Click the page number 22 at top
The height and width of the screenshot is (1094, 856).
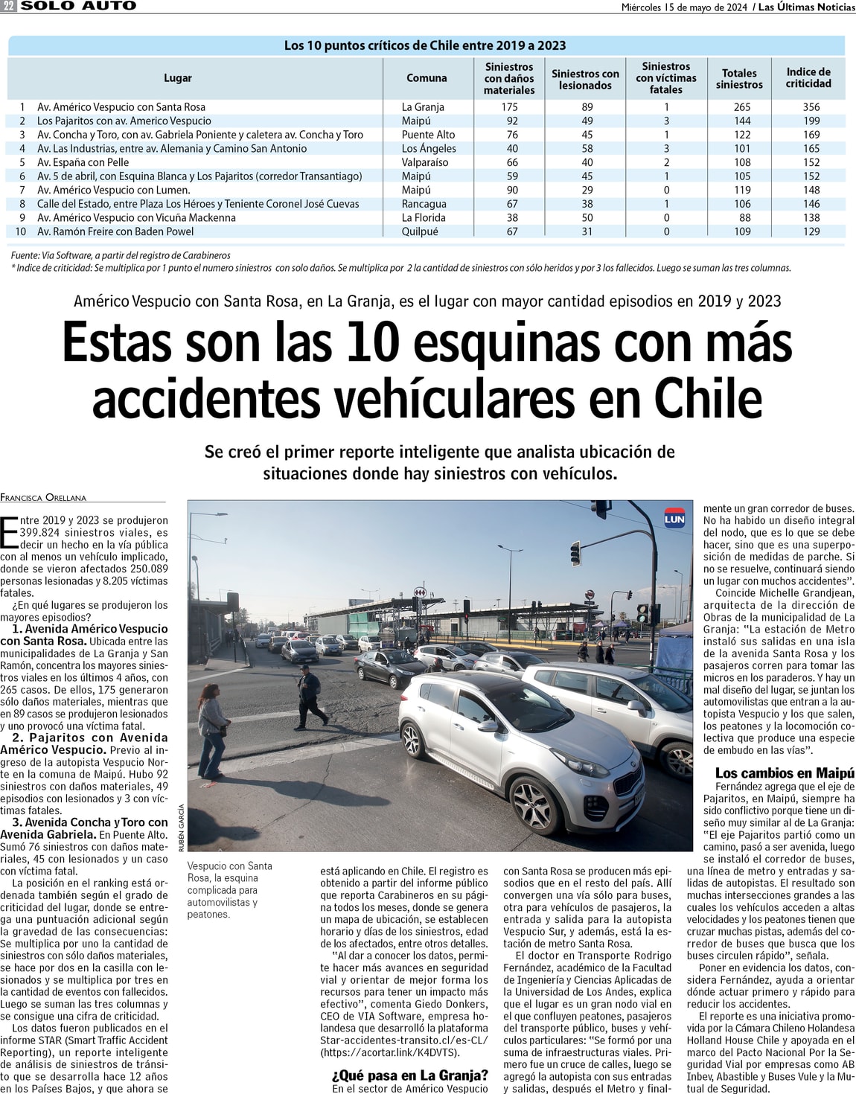coord(9,6)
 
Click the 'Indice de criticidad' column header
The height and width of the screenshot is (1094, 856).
coord(808,77)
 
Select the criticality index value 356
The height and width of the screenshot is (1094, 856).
coord(811,107)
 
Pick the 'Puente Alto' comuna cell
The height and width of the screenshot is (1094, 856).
coord(428,135)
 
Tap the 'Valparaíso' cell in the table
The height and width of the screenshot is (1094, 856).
coord(425,162)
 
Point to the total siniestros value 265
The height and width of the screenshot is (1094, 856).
coord(741,107)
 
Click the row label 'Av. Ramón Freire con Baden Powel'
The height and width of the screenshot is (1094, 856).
coord(115,231)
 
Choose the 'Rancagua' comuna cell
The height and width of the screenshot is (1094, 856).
coord(424,204)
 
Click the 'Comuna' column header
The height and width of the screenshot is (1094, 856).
coord(427,78)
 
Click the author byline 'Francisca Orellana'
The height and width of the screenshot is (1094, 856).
coord(43,497)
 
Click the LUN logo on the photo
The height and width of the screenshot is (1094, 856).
coord(674,519)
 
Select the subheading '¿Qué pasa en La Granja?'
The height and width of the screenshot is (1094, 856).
coord(410,1075)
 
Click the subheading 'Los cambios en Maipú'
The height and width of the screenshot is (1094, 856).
coord(785,773)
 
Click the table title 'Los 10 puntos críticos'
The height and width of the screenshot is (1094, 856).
coord(425,45)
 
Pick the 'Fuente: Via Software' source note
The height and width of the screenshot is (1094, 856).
coord(121,255)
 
